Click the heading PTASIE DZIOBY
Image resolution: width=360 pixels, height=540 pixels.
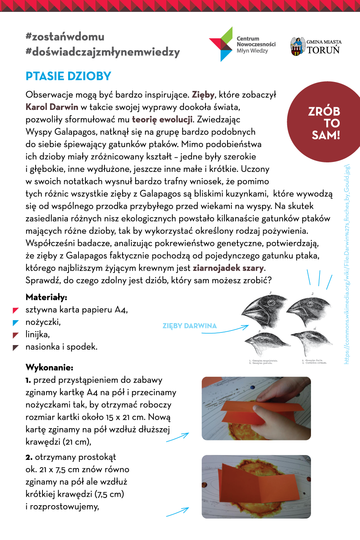coord(68,76)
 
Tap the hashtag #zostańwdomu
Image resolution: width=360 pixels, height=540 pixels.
coord(65,37)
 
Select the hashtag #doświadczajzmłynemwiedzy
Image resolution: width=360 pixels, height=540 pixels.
coord(103,52)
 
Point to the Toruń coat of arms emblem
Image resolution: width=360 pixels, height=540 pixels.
coord(297,46)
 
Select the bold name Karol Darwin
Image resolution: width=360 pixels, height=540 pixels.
coord(52,107)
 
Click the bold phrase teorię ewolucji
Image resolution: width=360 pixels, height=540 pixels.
coord(162,119)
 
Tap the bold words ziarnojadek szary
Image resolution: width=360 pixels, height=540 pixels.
coord(228,268)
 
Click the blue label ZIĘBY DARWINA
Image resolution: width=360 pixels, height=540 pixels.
coord(190,326)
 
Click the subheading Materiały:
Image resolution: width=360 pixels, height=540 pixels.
coord(46,297)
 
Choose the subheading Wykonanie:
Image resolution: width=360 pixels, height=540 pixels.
coord(49,367)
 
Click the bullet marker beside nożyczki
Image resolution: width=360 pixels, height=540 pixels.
coord(16,322)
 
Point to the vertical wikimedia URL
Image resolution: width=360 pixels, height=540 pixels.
coord(347,264)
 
